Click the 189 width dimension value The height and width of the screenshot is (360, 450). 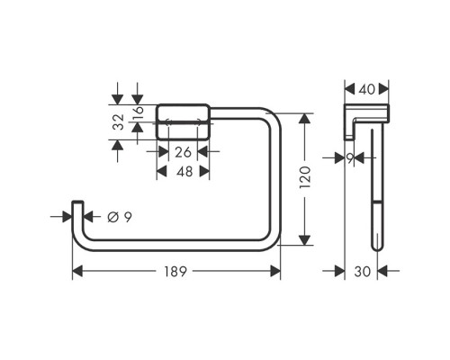click(x=177, y=271)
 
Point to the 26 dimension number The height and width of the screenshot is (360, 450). click(x=183, y=150)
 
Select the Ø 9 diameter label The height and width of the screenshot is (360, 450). click(x=121, y=216)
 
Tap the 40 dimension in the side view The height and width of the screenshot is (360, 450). click(x=366, y=89)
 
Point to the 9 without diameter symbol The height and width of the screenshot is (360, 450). click(x=351, y=157)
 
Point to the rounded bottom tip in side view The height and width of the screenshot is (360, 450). click(x=376, y=245)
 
